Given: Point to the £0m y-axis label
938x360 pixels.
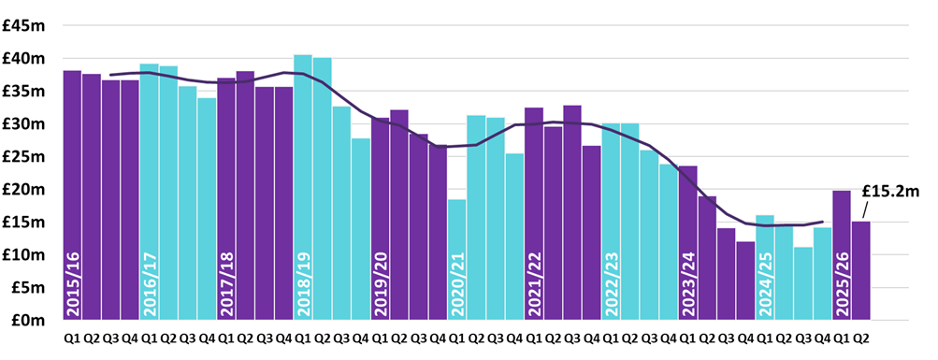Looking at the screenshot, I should click(28, 320).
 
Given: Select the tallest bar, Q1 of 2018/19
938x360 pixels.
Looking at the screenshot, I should click(303, 187).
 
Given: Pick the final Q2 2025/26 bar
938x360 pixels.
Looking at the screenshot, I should click(860, 271).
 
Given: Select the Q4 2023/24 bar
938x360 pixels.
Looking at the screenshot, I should click(744, 281).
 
